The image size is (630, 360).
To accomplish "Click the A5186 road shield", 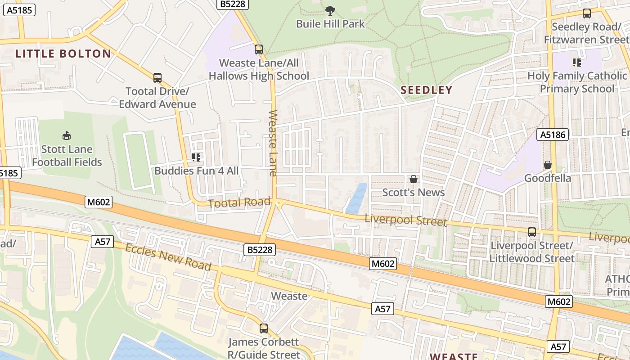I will (553, 134).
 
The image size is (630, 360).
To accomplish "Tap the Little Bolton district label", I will (63, 54).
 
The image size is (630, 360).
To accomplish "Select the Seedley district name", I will (426, 90).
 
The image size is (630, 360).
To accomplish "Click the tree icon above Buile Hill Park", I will (330, 10).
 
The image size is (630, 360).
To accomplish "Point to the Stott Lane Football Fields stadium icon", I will (67, 135).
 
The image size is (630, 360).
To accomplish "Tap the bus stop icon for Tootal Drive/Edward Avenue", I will (157, 78).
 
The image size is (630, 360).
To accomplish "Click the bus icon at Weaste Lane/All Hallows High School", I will (259, 49).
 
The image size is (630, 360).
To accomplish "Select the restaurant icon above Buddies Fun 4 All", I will (196, 157).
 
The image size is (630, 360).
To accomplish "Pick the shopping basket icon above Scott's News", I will (413, 179).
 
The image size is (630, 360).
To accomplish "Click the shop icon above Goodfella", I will (547, 165).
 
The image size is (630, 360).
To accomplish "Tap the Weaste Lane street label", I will (273, 143).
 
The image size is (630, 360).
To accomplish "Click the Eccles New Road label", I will (168, 257).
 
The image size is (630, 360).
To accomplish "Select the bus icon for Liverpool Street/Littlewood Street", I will (532, 232).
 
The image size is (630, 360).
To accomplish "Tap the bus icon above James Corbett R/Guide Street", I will (264, 328).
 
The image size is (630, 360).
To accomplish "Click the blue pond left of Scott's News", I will (357, 199).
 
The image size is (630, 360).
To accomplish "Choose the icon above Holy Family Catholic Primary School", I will (576, 62).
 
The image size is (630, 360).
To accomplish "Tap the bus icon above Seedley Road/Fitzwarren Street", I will (587, 13).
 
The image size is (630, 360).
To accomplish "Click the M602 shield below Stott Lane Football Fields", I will (99, 202).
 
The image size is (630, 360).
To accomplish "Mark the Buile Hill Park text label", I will (330, 24).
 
